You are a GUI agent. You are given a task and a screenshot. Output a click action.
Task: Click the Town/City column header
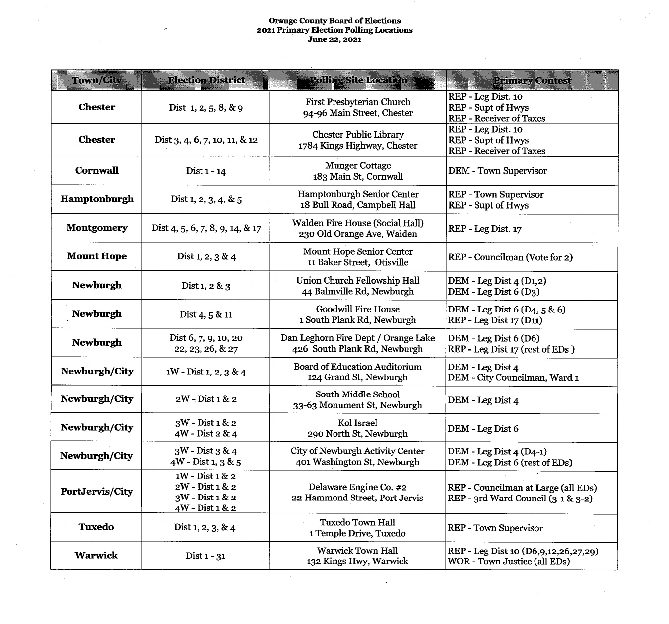tap(96, 80)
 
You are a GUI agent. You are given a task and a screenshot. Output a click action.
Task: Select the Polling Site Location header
tap(358, 80)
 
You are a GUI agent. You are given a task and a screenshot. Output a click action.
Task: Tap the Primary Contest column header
tap(532, 80)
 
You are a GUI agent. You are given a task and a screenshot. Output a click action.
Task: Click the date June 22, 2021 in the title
tap(334, 40)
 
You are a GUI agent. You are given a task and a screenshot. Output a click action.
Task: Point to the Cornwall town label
tap(97, 170)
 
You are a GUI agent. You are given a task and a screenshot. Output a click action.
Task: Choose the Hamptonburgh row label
tap(97, 199)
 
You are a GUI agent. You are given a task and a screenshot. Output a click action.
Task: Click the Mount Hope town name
tap(97, 256)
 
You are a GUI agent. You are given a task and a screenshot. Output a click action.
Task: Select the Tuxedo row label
tap(96, 527)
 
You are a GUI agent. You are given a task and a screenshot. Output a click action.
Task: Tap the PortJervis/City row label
tap(96, 492)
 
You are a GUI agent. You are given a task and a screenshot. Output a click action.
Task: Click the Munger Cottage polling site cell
tap(358, 171)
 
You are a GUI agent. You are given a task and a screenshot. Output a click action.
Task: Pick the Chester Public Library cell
tap(358, 140)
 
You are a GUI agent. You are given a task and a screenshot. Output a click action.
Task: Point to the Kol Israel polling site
tap(357, 428)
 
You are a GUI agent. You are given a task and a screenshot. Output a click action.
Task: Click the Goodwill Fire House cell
tap(358, 314)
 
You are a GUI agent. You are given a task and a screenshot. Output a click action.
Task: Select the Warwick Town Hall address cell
tap(357, 556)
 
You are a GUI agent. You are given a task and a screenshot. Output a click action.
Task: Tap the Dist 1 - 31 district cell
tap(205, 556)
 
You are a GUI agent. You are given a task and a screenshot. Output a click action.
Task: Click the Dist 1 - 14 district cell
tap(205, 171)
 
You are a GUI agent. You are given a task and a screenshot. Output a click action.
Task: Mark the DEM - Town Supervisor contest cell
tap(497, 171)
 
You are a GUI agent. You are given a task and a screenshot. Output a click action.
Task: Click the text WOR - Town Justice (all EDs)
tap(509, 562)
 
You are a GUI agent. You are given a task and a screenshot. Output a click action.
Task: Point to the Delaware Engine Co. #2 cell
tap(357, 492)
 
